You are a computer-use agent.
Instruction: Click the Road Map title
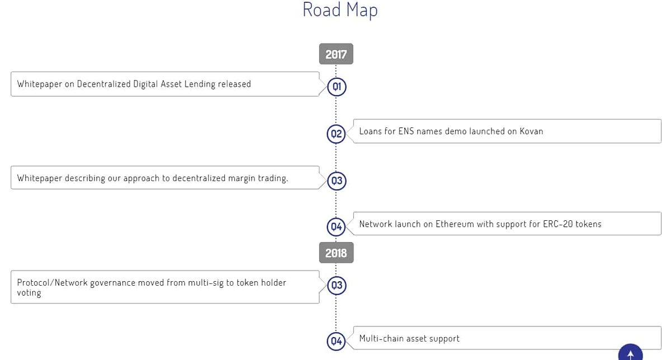[x=340, y=10]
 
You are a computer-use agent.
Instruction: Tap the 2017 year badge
[x=336, y=54]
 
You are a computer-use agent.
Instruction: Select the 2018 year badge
[x=336, y=253]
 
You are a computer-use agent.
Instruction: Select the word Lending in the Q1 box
[x=200, y=84]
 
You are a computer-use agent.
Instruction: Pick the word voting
[x=29, y=293]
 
